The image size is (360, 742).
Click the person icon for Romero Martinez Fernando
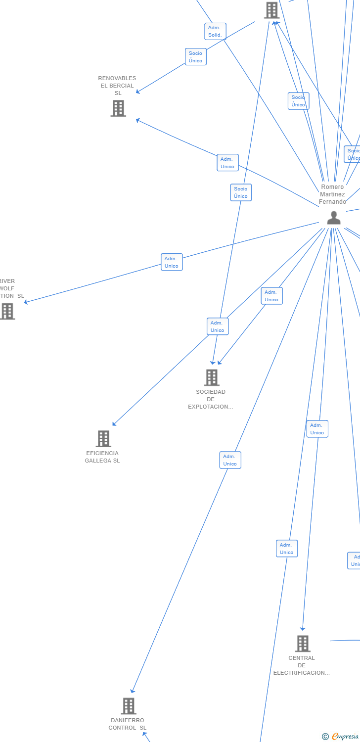(x=334, y=218)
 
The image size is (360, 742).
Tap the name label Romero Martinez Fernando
(x=332, y=194)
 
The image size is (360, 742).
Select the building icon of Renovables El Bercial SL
(x=118, y=108)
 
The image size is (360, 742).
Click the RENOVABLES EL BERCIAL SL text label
(x=117, y=86)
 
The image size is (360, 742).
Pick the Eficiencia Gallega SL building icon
(x=103, y=439)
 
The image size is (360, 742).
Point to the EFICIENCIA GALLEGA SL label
(x=102, y=457)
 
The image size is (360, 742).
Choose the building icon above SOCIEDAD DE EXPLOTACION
(x=212, y=377)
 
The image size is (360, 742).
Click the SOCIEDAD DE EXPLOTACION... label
(x=211, y=399)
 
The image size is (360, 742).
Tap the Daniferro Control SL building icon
(x=129, y=706)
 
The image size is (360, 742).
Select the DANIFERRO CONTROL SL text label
(x=128, y=724)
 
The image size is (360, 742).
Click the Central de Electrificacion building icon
(x=303, y=644)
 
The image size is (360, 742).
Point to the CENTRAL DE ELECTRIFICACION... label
(x=302, y=665)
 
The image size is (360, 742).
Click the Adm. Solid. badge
(x=215, y=31)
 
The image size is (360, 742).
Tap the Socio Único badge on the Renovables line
(x=196, y=57)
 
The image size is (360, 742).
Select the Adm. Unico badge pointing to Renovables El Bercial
(x=227, y=163)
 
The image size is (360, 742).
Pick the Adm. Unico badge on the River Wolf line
(x=172, y=262)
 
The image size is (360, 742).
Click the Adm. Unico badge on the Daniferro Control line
(x=230, y=460)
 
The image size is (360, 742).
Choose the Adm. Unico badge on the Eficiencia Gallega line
(x=218, y=326)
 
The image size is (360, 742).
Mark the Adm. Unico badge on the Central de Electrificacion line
(x=317, y=429)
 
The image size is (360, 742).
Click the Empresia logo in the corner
(x=341, y=737)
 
